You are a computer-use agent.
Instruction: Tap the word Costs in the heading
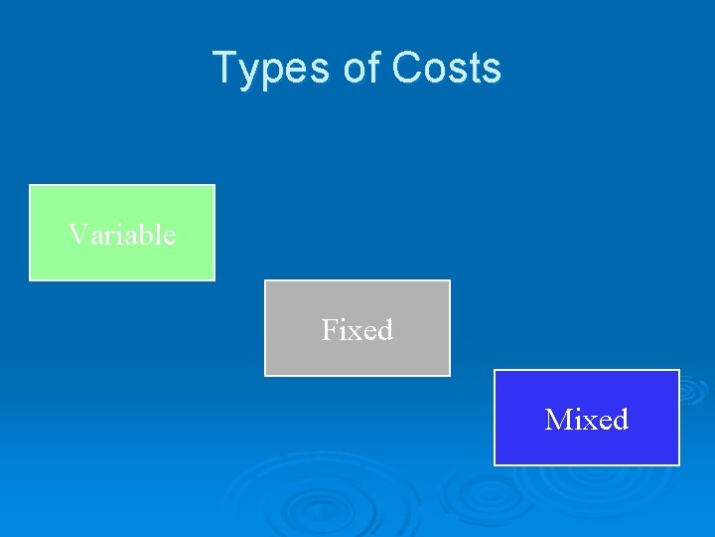(x=447, y=69)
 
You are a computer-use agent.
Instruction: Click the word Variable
(x=122, y=235)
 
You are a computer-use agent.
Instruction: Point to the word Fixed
(x=357, y=329)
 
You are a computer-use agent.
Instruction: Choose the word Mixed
(x=587, y=420)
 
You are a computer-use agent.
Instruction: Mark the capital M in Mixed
(x=556, y=420)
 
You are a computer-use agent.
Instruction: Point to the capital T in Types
(x=224, y=69)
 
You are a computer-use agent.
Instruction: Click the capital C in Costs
(x=407, y=69)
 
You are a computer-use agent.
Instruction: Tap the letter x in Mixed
(x=587, y=422)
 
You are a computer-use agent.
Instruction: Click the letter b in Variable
(x=146, y=235)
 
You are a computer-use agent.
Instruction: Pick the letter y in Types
(x=248, y=72)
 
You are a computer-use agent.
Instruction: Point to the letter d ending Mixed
(x=620, y=420)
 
